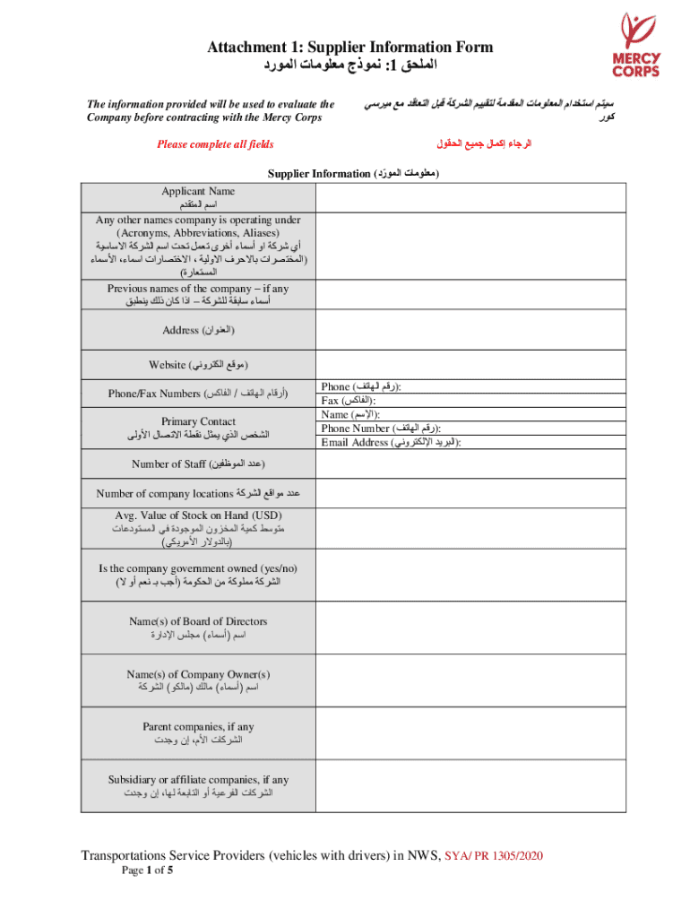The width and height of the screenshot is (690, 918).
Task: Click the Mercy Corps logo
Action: pos(636,45)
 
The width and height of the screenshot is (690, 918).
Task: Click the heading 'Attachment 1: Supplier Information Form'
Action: pos(350,48)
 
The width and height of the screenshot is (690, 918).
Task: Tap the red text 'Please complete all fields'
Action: pos(215,144)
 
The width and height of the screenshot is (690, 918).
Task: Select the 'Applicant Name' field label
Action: pos(198,191)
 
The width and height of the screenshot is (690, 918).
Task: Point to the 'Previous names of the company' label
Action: pos(198,289)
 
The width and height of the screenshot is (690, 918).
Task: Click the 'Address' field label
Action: pos(198,331)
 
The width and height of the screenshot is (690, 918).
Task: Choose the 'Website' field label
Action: pos(198,365)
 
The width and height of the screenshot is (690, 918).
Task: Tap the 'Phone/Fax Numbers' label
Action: pos(198,394)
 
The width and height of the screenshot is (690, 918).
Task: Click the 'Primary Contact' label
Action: pos(198,421)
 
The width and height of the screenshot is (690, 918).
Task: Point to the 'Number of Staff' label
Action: pos(198,463)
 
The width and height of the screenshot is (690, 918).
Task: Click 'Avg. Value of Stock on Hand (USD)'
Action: pos(198,515)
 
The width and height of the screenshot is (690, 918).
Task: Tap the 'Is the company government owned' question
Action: pos(198,568)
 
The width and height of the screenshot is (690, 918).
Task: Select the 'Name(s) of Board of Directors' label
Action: pos(198,621)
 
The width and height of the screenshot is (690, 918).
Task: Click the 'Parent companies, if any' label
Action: pos(198,727)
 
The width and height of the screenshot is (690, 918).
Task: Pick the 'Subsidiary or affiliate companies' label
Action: pos(198,779)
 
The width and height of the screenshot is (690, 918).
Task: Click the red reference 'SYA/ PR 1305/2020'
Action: pos(494,856)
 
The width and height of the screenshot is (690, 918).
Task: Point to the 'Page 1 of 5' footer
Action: pos(147,870)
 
